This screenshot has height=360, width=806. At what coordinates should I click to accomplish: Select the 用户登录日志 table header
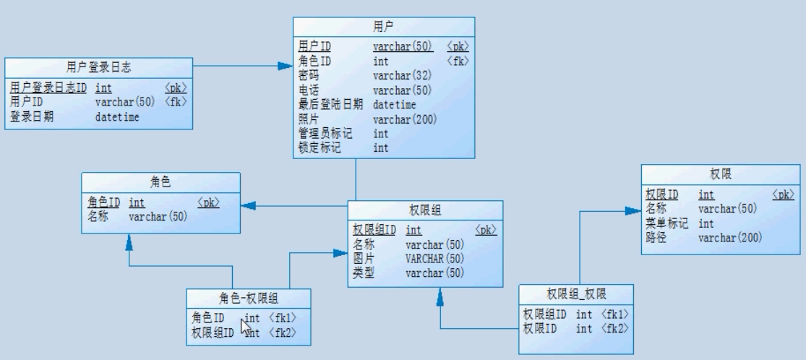[98, 68]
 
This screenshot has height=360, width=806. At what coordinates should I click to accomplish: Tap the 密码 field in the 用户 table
[309, 75]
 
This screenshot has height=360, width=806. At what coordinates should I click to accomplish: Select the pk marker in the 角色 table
[208, 203]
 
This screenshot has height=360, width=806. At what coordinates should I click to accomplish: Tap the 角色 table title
[160, 184]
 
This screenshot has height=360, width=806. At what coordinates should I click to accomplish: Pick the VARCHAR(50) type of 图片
[434, 259]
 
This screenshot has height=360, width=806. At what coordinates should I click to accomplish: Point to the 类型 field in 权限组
[364, 273]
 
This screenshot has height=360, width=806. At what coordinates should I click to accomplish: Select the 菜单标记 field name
[666, 223]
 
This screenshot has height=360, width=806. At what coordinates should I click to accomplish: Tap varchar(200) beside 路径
[730, 237]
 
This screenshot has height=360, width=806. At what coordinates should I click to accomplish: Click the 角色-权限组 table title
[249, 298]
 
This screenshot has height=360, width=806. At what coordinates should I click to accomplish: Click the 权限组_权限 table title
[575, 294]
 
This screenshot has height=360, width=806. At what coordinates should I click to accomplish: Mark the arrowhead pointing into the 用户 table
[286, 66]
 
